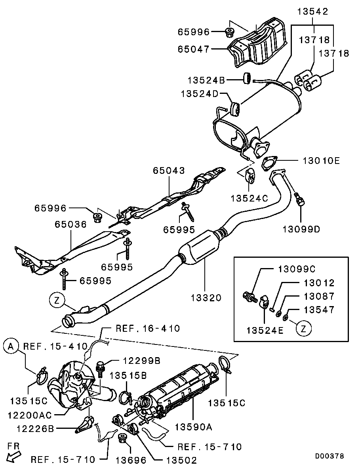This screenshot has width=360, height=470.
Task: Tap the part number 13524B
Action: coord(206,80)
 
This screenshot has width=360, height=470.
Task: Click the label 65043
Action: coord(169,171)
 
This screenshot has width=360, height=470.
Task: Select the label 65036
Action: coord(70,225)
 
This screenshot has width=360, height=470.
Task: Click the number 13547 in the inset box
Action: coord(319,310)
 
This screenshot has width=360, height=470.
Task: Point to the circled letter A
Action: coord(11,347)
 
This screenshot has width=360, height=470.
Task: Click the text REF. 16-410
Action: coord(148,328)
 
